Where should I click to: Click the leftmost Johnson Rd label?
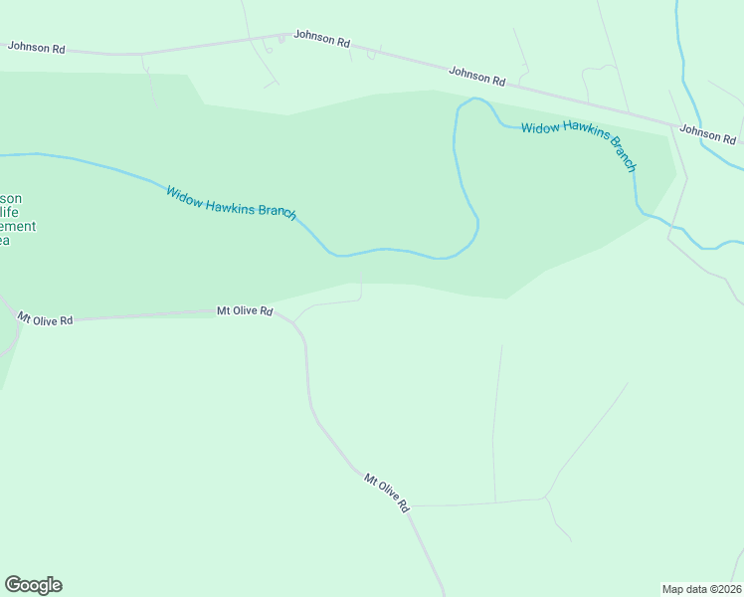coord(36,46)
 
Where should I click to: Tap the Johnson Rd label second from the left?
coord(321,42)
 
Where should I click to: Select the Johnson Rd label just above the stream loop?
coord(477,75)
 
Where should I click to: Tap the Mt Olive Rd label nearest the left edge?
coord(45,319)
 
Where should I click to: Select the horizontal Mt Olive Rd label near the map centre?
coord(245,311)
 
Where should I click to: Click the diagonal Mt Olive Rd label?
coord(386,492)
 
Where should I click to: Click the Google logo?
coord(33,585)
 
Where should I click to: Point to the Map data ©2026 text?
coord(701,589)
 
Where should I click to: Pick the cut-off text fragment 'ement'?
coord(18,226)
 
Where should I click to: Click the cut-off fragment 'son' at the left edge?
coord(11,198)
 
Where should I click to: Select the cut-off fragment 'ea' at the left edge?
coord(5,240)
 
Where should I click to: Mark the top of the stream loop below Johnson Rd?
coord(475,99)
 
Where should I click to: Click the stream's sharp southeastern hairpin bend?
coord(475,231)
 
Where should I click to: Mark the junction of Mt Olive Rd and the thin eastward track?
coord(410,505)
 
